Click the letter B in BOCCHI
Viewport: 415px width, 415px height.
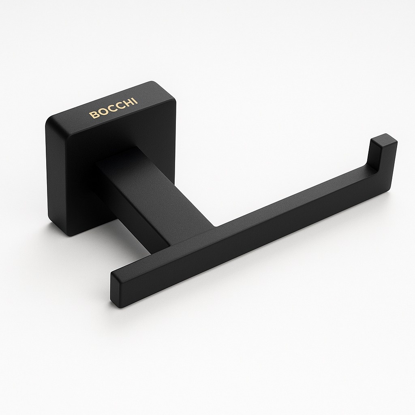[x=93, y=115]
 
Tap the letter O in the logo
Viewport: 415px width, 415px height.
[x=101, y=112]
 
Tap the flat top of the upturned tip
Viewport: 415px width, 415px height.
[x=384, y=140]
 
